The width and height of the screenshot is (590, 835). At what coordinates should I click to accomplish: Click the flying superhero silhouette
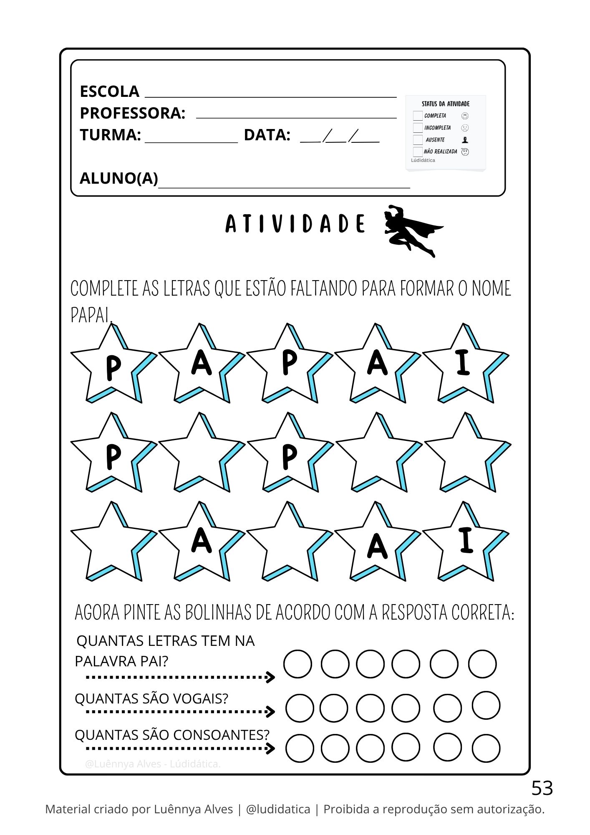coord(411,230)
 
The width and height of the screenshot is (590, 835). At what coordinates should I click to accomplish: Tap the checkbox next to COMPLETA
coord(418,116)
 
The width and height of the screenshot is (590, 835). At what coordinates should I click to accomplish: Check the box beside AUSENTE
coord(418,140)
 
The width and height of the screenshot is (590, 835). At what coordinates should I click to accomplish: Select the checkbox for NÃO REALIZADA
coord(418,152)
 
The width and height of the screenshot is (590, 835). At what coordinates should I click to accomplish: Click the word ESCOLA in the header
coord(109,91)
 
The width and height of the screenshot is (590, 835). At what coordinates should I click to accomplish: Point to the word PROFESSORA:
coord(132,113)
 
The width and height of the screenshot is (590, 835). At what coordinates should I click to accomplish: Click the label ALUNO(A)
coord(119,178)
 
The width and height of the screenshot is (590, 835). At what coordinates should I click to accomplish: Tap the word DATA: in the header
coord(267,135)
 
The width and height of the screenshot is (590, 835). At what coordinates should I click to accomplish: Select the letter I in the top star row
coord(464,362)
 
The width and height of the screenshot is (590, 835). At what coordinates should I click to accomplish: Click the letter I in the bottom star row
coord(466,540)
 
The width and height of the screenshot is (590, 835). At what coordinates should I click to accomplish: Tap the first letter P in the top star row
coord(113,367)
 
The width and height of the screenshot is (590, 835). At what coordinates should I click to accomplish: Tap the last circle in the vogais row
coord(486,705)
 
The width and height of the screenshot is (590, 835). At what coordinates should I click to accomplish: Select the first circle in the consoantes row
coord(300,748)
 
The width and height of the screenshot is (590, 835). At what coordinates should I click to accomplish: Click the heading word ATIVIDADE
coord(295,224)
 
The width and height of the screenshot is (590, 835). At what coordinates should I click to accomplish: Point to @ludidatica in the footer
coord(278,809)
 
